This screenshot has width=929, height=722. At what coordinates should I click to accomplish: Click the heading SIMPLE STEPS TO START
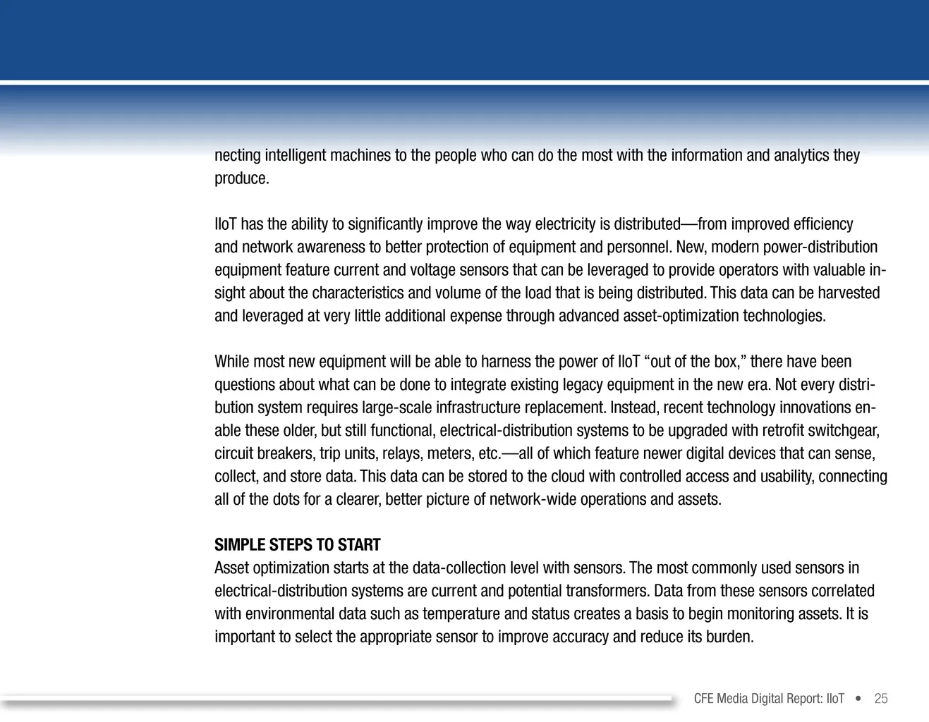[x=297, y=545]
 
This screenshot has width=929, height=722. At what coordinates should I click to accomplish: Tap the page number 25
[x=880, y=699]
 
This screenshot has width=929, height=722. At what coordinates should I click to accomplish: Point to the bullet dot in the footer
[x=858, y=699]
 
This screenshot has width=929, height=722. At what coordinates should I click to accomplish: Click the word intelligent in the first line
[x=294, y=155]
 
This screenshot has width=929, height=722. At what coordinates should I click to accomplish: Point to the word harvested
[x=849, y=293]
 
